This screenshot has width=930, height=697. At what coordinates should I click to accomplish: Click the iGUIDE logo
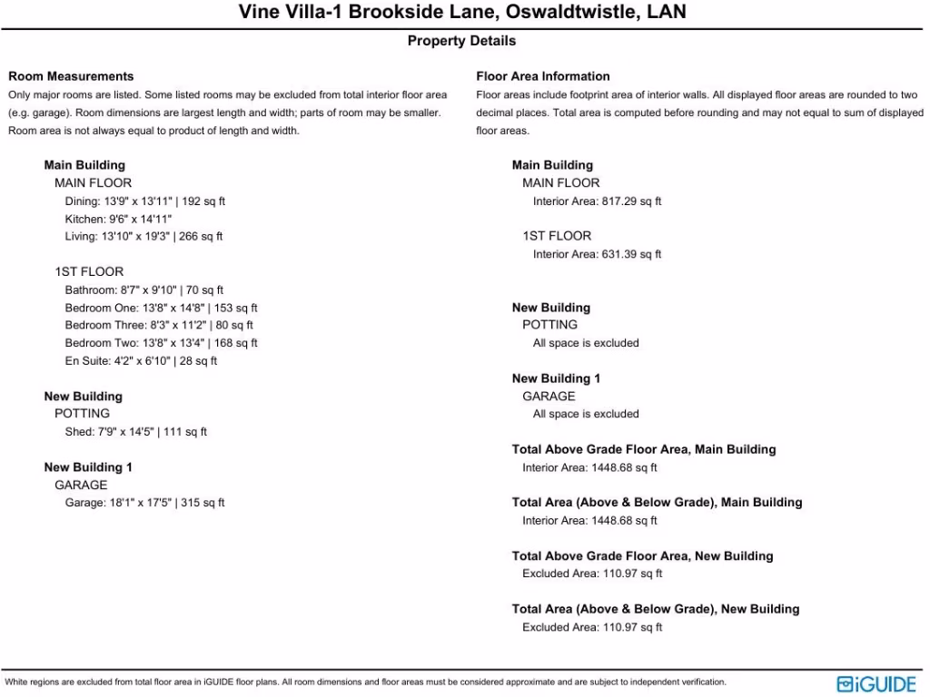pos(876,683)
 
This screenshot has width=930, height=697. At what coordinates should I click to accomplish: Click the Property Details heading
pos(461,41)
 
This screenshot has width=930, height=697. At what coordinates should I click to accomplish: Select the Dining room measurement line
pos(144,201)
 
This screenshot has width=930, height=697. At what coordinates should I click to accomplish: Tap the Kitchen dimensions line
pos(118,219)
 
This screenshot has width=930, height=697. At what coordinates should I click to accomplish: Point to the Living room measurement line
pos(143,237)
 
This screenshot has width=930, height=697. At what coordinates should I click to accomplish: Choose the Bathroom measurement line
pos(143,290)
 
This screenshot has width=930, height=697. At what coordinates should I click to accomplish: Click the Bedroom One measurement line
pos(161,308)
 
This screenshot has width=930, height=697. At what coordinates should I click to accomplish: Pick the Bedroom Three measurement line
pos(159,325)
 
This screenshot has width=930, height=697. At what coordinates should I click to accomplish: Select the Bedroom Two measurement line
pos(161,343)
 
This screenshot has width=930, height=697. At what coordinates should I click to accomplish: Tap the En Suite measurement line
pos(141,361)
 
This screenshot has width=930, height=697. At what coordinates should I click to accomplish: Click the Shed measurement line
pos(135,432)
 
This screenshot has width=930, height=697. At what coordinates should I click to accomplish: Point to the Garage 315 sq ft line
pos(144,503)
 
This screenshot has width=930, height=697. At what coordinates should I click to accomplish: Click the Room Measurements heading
pos(71,76)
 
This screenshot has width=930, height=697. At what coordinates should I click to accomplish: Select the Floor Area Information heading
pos(543,76)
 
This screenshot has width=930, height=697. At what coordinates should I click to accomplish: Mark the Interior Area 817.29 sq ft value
pos(597,201)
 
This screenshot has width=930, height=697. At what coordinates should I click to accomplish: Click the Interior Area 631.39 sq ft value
pos(597,254)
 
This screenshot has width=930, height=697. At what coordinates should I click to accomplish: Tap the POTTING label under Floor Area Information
pos(549,325)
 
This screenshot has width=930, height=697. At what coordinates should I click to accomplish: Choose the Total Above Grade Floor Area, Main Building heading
pos(644,449)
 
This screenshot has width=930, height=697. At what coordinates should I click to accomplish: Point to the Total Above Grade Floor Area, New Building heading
pos(642,556)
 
